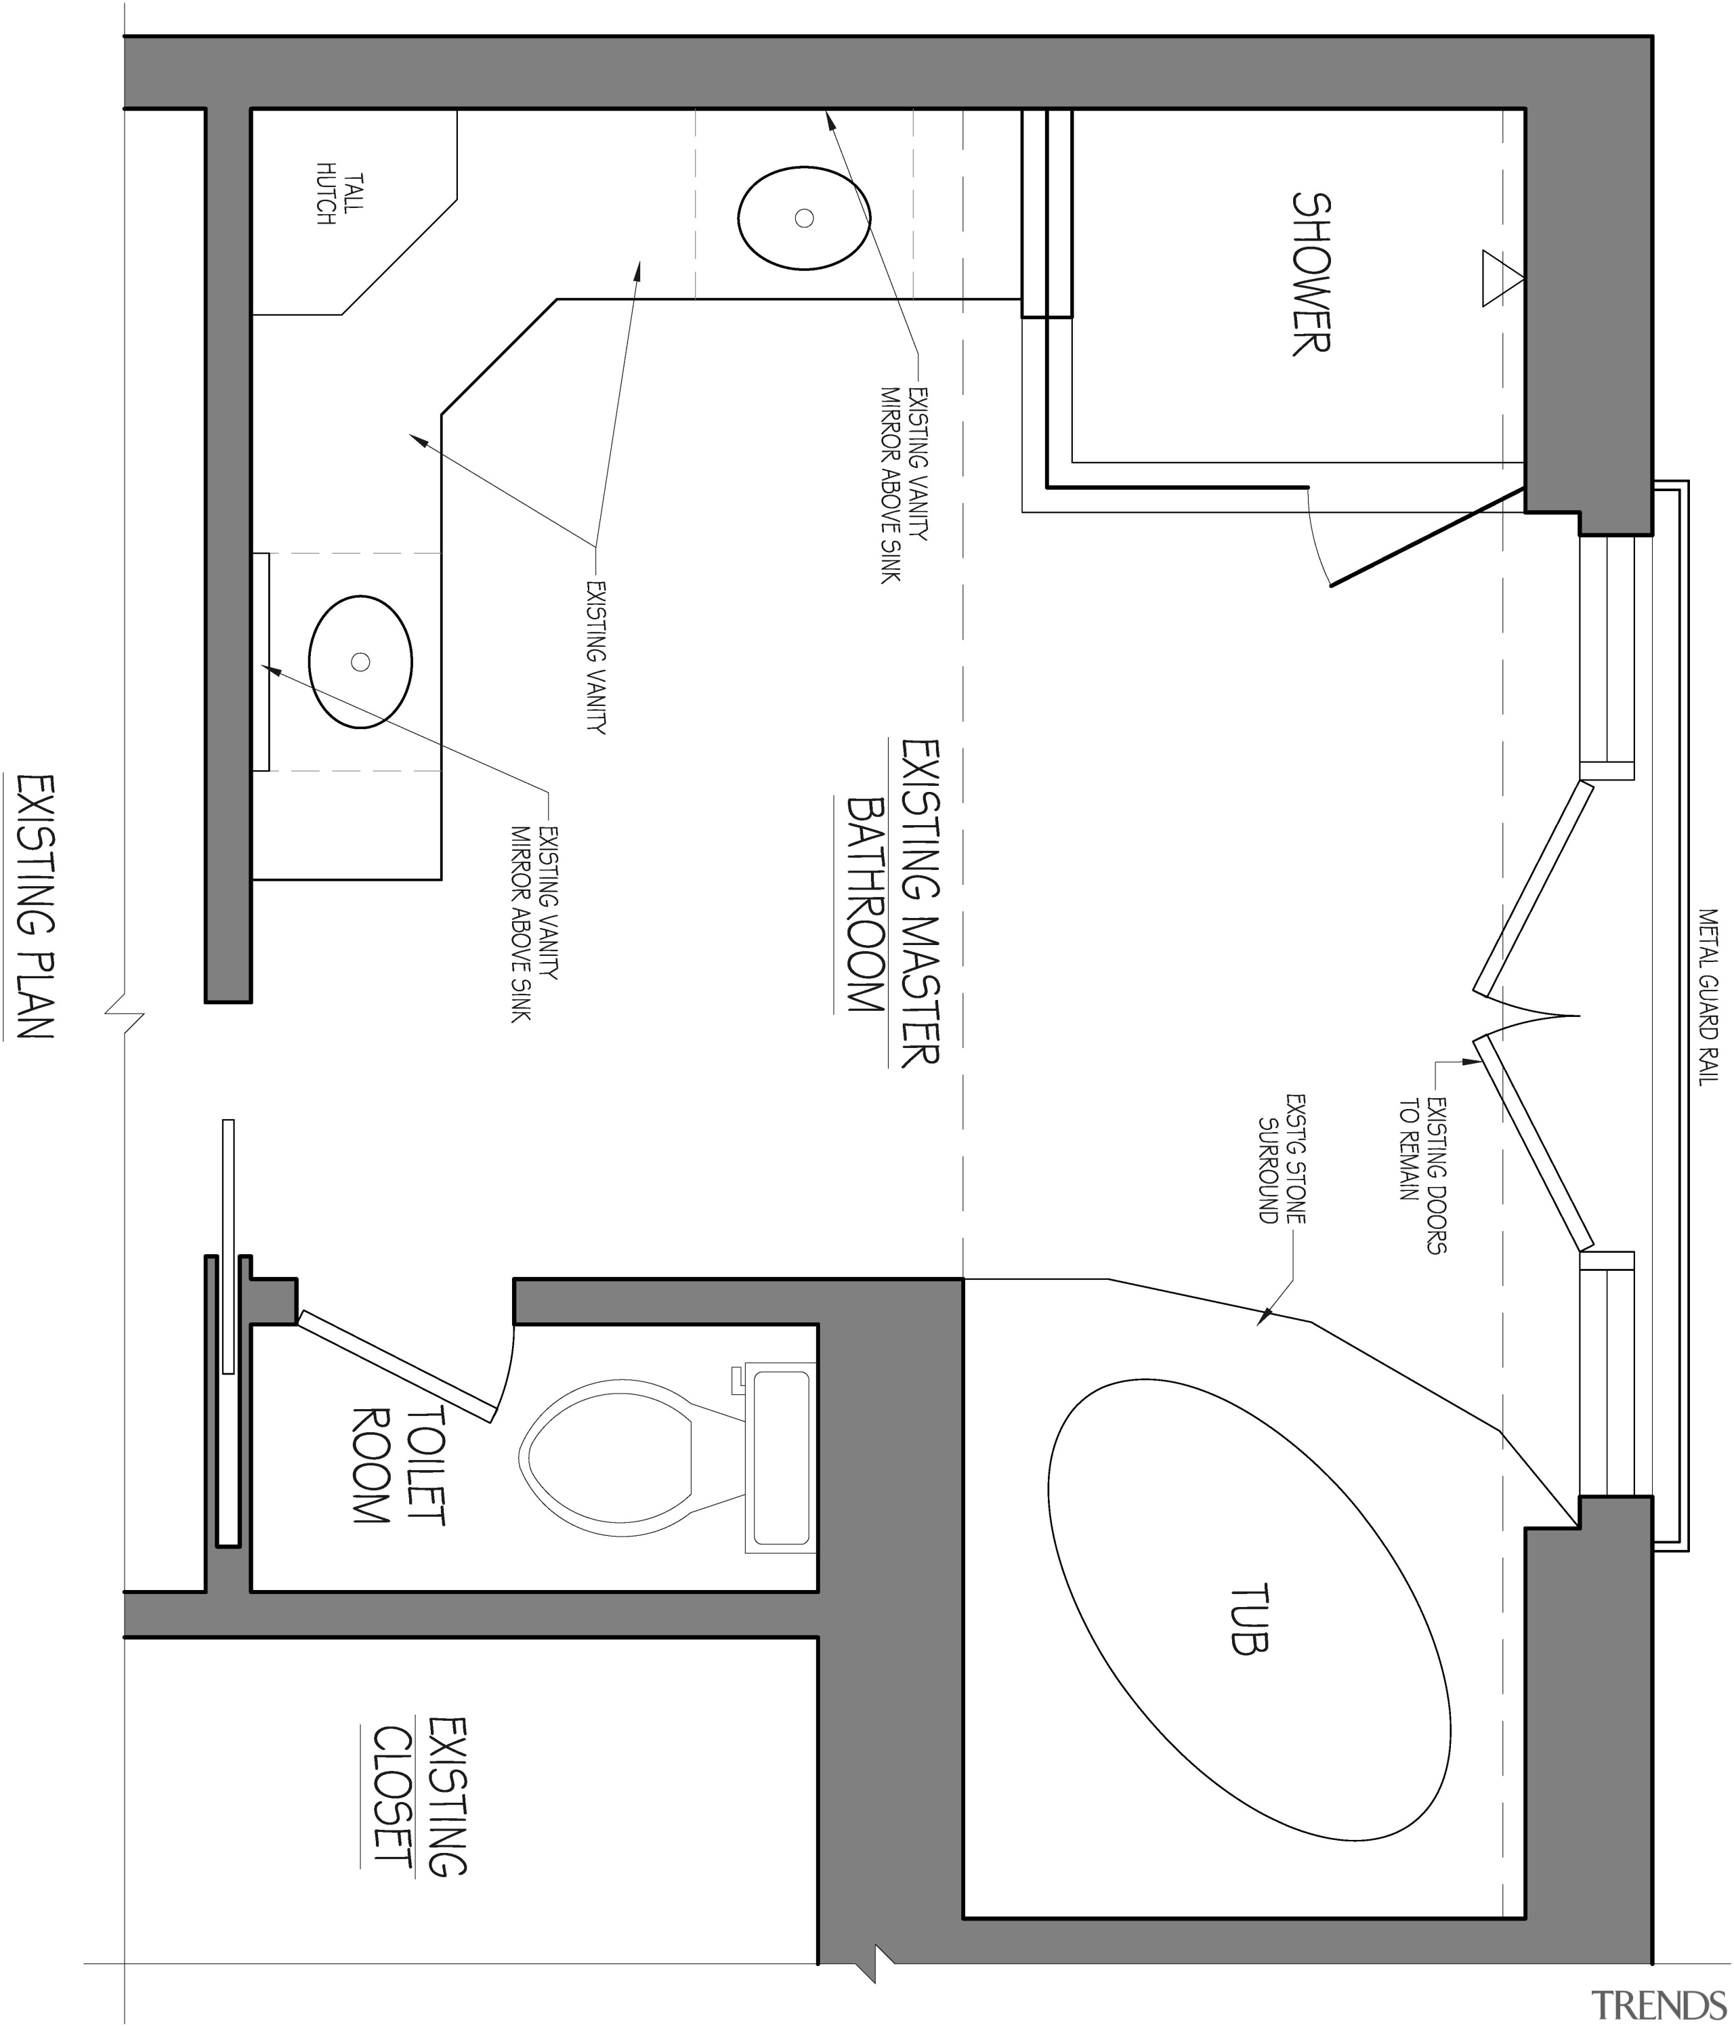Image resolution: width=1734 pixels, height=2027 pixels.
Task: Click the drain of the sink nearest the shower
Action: point(804,218)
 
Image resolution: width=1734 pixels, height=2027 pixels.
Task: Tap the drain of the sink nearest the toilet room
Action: point(360,663)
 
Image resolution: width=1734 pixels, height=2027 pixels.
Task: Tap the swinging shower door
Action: point(1428,537)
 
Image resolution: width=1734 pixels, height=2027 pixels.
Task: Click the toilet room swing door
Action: point(396,1364)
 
